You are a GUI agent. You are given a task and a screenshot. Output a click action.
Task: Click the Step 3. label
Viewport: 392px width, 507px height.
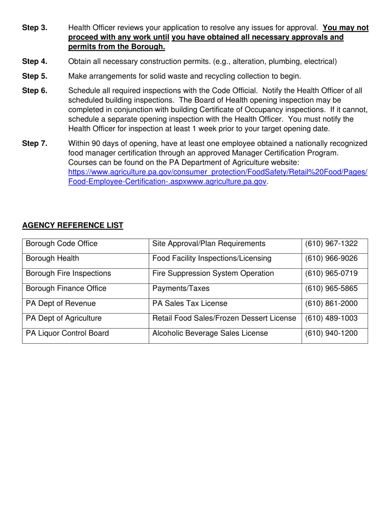pos(35,28)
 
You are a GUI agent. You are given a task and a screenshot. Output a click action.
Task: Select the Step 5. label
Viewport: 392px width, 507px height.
pos(35,76)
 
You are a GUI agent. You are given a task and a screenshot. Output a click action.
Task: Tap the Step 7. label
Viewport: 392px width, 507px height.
pos(35,143)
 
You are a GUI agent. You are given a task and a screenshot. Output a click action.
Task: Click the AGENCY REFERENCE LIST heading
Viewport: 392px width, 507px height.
pos(73,225)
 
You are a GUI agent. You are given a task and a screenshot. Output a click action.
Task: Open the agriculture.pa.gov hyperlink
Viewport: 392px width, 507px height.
pos(217,177)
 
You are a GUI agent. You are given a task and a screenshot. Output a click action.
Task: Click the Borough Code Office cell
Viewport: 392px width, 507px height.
pos(62,244)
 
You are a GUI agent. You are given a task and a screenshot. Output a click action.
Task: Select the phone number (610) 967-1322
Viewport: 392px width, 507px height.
pos(331,244)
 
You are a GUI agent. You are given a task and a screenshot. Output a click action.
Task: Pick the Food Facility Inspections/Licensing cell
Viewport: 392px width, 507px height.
pos(212,258)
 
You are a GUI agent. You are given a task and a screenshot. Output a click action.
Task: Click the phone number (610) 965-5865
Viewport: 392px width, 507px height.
pos(331,289)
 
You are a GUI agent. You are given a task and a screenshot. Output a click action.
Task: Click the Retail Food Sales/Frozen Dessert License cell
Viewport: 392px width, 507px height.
pos(224,318)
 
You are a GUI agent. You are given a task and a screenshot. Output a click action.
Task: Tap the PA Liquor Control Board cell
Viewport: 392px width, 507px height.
pos(67,333)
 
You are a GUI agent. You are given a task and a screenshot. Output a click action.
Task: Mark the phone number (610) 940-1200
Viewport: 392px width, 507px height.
pos(331,333)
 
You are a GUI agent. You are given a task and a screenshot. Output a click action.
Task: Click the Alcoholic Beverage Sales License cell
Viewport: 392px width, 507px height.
pos(210,333)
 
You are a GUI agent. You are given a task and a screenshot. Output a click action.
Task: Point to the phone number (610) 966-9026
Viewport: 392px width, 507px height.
pos(331,258)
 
